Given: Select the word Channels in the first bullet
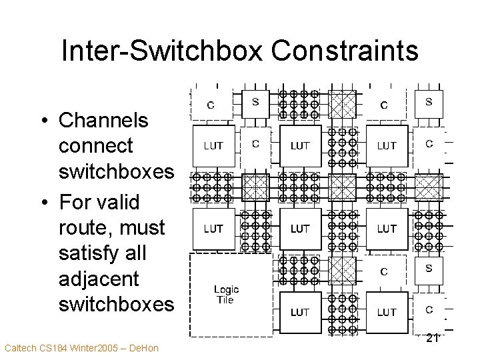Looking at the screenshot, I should [x=103, y=121].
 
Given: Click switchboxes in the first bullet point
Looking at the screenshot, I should [x=116, y=172].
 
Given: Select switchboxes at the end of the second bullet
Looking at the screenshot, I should [x=116, y=305].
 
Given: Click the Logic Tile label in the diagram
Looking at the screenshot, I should [x=227, y=295].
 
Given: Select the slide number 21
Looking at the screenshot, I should [x=431, y=337].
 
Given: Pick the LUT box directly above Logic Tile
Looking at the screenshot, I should [x=213, y=229].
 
